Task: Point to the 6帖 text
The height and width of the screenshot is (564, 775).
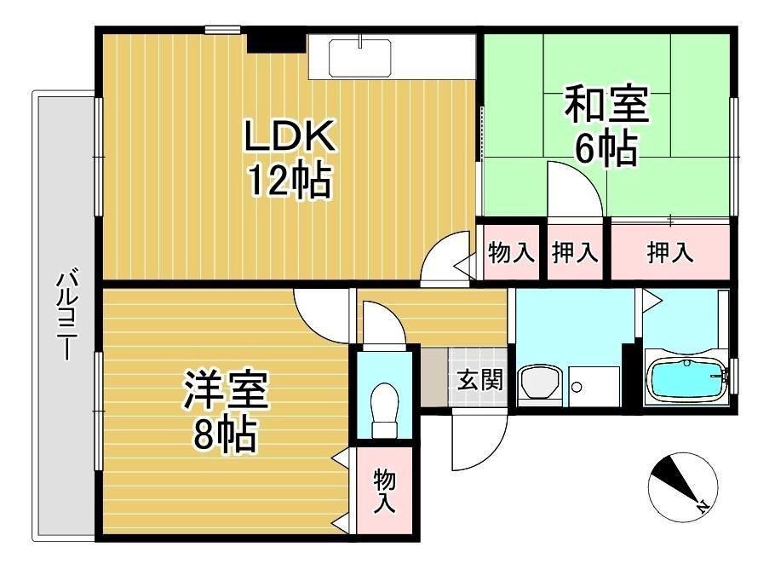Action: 606,149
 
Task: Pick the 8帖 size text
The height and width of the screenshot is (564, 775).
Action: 224,436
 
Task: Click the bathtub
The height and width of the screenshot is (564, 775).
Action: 686,378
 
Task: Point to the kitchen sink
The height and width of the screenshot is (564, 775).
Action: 359,58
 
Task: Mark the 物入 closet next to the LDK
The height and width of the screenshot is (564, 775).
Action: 511,252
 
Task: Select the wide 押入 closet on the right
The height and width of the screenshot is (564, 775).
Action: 670,252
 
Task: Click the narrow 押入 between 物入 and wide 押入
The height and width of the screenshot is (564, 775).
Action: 575,252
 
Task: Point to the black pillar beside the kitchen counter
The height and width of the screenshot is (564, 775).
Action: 275,39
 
